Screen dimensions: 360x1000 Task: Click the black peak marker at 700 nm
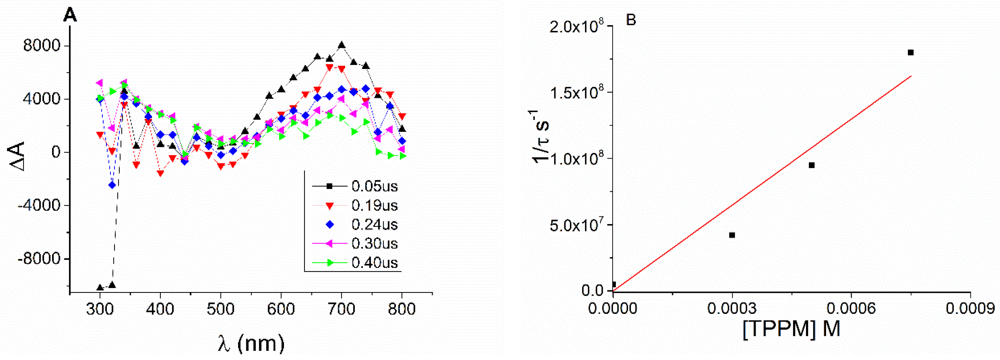[x=341, y=45]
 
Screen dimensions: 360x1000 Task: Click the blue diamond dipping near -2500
[x=112, y=185]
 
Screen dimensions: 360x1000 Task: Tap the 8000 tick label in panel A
[x=42, y=46]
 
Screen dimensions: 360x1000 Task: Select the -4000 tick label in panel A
[x=39, y=206]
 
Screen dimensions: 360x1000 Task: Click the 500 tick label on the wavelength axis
[x=220, y=309]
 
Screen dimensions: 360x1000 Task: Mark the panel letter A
[x=70, y=16]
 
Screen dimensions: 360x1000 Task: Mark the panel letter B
[x=631, y=20]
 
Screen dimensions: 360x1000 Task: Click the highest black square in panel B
[x=911, y=52]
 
